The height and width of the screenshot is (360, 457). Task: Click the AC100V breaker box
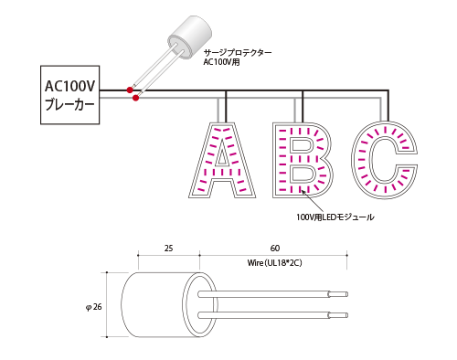70,95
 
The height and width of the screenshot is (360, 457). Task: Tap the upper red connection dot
130,90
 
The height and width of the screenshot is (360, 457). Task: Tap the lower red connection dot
136,98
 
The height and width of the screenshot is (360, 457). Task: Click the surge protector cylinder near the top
189,37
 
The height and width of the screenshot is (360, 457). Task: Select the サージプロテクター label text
238,52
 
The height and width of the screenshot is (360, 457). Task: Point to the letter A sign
222,160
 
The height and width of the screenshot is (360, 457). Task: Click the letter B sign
303,160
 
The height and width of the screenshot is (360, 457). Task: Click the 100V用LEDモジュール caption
335,217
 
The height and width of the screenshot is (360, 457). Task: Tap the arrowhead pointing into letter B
303,191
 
